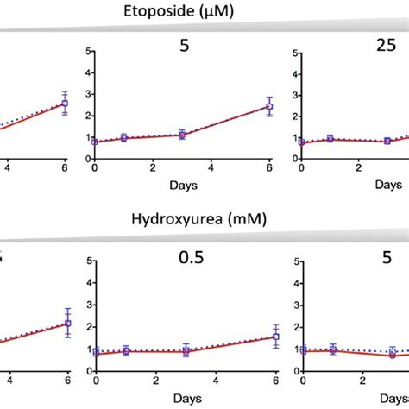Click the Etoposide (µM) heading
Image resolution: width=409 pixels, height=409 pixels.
(204, 10)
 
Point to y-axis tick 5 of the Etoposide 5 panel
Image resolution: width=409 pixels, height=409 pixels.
(85, 53)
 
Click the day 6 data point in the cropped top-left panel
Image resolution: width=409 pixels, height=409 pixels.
(65, 104)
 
